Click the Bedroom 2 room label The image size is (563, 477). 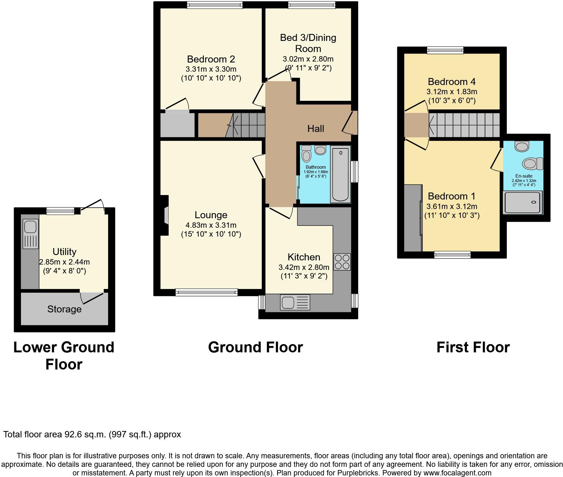pos(211,59)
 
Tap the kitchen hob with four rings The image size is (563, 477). pos(342,262)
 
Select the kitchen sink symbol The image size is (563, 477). pos(295,302)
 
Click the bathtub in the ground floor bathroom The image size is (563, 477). pos(340,174)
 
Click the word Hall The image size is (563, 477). pos(315,128)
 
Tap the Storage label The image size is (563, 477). pos(64,309)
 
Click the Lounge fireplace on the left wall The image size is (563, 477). pos(165,215)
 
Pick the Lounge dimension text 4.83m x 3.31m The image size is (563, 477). pos(211,225)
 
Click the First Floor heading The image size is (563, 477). pos(473,347)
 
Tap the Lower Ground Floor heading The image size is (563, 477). pos(64,356)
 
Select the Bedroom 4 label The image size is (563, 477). pos(451,82)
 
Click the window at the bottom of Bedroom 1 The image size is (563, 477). pos(452,255)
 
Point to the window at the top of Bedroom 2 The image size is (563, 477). pos(215,5)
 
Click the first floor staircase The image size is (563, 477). pos(464,125)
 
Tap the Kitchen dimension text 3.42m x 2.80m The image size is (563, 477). pos(304,267)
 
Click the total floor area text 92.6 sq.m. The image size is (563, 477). pos(92,435)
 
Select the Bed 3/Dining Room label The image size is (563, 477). pos(308,43)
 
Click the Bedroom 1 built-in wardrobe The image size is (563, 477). pos(413,218)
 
